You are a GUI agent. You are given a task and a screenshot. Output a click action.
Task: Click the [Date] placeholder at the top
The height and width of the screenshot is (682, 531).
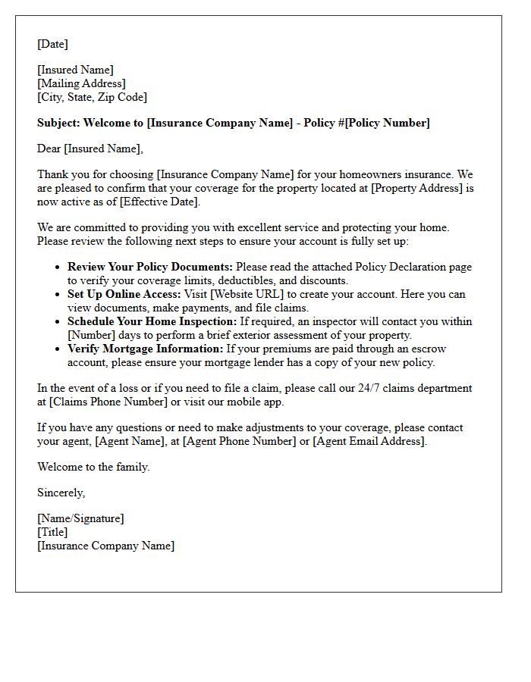52,44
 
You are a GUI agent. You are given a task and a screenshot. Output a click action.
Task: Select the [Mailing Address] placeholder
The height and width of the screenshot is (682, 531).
81,83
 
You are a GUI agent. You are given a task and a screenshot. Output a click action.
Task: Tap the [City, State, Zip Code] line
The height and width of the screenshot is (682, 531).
92,97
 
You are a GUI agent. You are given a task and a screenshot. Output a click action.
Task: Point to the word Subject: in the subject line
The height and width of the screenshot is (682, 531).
58,123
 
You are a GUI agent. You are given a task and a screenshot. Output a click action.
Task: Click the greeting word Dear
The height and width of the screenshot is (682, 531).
49,149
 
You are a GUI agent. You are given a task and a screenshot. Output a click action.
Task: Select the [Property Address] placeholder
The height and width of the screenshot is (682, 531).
416,188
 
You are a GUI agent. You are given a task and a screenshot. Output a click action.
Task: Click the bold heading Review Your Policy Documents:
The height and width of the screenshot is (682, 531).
151,267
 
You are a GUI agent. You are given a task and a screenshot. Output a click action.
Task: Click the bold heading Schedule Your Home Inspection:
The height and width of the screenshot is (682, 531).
152,321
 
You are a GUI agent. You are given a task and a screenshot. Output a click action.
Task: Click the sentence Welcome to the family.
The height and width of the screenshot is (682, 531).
93,467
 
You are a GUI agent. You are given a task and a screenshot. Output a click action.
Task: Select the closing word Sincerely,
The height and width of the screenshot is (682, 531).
61,493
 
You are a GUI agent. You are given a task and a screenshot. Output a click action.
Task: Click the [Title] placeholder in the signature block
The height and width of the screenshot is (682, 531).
52,532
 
